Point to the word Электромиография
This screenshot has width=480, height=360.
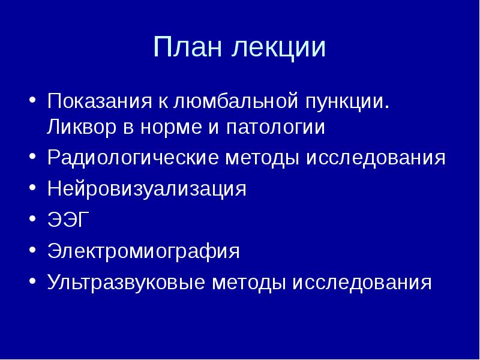click(x=143, y=251)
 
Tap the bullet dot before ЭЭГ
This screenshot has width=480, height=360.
click(x=31, y=220)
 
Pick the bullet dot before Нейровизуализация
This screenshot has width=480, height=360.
click(x=31, y=188)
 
